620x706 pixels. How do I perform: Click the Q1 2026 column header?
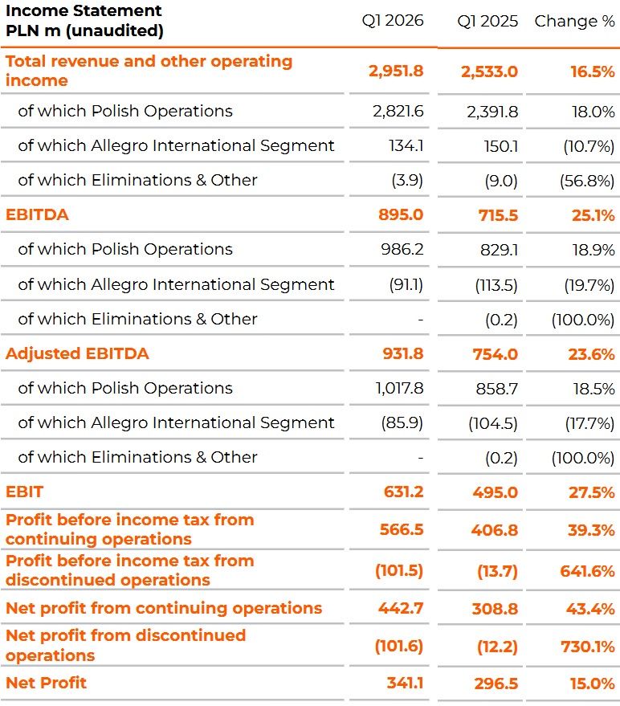(x=393, y=20)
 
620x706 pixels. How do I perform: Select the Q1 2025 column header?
(x=487, y=21)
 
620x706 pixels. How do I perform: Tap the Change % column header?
(x=574, y=21)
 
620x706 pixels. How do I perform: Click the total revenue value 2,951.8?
(x=396, y=71)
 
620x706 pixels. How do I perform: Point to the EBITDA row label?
(x=37, y=214)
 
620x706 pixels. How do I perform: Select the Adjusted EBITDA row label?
(x=77, y=353)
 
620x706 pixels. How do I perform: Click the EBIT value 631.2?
(x=403, y=492)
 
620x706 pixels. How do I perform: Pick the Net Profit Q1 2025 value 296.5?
(x=496, y=684)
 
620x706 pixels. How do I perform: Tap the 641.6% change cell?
(x=587, y=571)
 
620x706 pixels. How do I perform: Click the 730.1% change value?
(x=588, y=647)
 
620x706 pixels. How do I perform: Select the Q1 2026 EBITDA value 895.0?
(x=401, y=214)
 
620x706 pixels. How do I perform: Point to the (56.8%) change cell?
(x=587, y=181)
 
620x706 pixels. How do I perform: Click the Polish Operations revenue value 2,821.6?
(x=398, y=111)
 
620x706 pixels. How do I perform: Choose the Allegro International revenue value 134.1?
(x=406, y=146)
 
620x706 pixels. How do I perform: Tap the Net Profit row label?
(x=46, y=683)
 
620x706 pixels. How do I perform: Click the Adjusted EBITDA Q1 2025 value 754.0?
(x=496, y=354)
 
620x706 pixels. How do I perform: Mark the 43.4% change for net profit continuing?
(x=589, y=609)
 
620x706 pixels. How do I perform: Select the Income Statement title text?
(x=84, y=20)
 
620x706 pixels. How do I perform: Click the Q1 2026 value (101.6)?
(x=399, y=646)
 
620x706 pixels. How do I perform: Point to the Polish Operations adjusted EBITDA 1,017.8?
(x=399, y=388)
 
